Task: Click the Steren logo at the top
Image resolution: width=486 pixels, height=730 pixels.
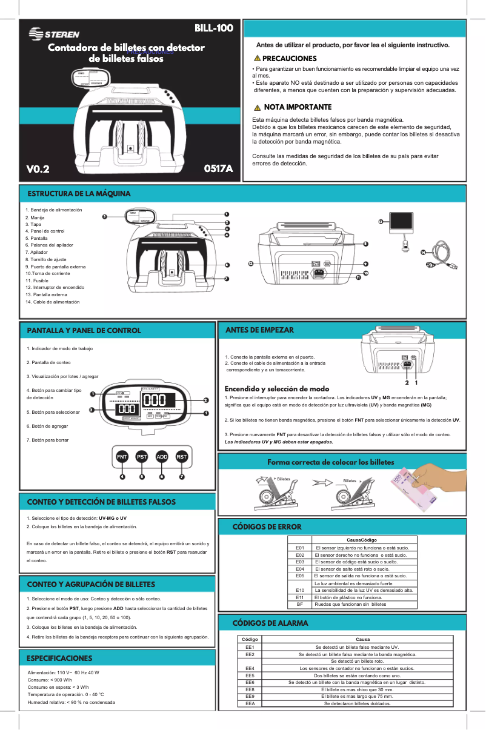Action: tap(54, 34)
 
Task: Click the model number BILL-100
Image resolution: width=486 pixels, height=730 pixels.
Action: tap(213, 28)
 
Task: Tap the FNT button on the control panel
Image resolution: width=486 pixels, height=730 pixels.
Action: tap(122, 456)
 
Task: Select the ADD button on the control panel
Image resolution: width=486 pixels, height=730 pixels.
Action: tap(162, 456)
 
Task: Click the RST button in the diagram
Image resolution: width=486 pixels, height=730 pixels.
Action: tap(181, 456)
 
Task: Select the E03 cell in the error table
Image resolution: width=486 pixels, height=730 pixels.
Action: tap(299, 562)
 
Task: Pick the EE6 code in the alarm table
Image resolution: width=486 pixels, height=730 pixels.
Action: tap(250, 682)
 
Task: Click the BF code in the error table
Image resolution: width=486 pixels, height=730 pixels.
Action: tap(299, 604)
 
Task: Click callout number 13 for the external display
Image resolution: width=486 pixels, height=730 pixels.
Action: tap(381, 222)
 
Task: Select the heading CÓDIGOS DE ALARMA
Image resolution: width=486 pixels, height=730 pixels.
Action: tap(270, 623)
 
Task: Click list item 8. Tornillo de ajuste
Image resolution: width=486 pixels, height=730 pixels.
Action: tap(45, 259)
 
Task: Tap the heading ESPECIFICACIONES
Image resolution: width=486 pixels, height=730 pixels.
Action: tap(59, 658)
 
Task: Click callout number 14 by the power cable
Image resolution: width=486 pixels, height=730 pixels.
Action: tap(423, 251)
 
